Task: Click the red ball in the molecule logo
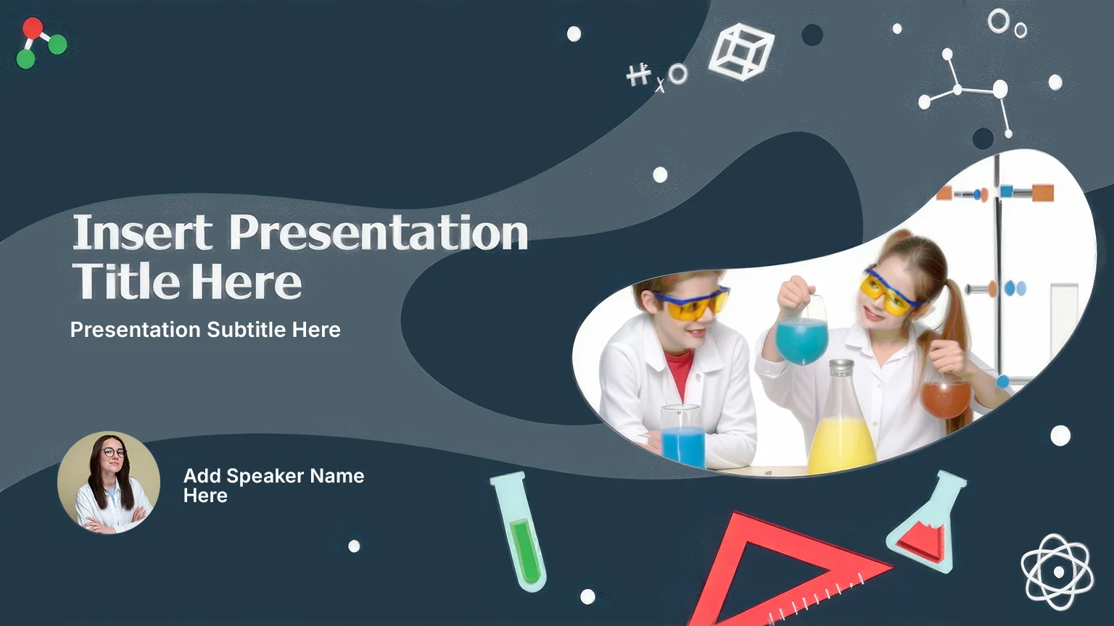tap(33, 28)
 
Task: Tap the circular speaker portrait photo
tap(108, 483)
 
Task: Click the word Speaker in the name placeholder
tap(265, 476)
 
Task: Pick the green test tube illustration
tap(519, 531)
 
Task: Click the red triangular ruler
tap(785, 572)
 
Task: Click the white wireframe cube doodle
tap(742, 51)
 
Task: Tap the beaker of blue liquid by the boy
tap(683, 435)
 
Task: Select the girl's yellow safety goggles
tap(888, 292)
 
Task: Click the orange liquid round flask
tap(946, 398)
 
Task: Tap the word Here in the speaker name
tap(205, 496)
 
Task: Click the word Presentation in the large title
tap(379, 232)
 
